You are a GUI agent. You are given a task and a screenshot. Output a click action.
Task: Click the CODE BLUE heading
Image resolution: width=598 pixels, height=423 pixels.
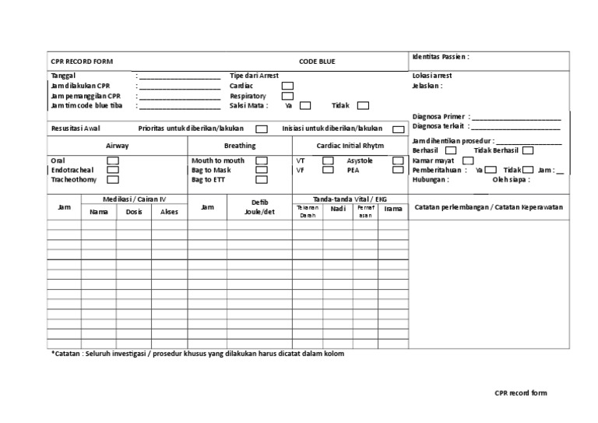(x=317, y=61)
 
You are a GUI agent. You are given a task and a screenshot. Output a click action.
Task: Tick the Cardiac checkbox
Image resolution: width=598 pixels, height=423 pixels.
(x=287, y=86)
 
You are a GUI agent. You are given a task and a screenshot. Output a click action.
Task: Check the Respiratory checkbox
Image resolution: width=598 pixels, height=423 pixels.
(x=287, y=96)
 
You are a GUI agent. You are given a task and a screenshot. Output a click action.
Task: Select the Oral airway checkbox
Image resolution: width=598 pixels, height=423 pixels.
(x=113, y=160)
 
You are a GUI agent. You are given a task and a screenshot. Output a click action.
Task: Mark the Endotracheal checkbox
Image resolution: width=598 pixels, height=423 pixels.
(x=113, y=170)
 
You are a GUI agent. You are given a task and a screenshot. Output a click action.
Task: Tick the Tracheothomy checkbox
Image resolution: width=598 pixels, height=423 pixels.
(x=113, y=179)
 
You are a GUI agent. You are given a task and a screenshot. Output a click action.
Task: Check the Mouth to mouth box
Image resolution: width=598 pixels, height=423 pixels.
(x=262, y=160)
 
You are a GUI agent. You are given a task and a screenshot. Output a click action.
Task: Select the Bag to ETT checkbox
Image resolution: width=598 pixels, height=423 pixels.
(x=262, y=179)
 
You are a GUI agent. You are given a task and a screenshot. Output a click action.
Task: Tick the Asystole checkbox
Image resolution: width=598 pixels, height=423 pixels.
(x=399, y=160)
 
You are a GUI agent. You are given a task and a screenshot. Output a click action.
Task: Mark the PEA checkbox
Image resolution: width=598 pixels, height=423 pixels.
(x=399, y=170)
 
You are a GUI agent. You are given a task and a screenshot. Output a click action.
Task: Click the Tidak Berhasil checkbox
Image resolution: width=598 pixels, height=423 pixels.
(x=528, y=150)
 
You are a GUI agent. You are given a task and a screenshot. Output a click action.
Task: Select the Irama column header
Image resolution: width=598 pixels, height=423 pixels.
(x=394, y=209)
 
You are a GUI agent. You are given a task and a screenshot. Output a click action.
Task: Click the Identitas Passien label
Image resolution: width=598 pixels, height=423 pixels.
(x=440, y=57)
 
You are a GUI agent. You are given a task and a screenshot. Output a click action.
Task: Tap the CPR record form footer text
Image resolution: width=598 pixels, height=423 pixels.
(x=520, y=393)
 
